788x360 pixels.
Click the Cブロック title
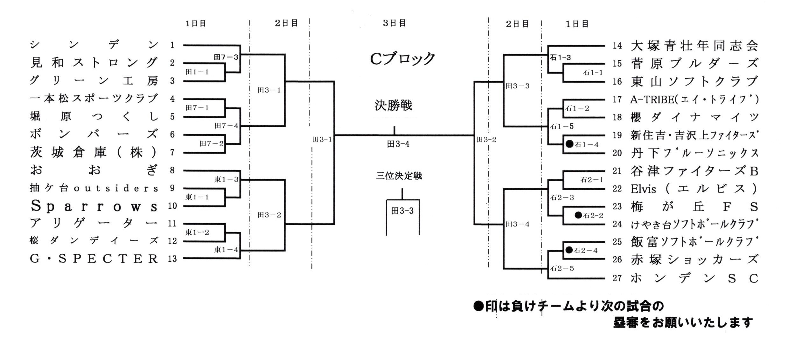click(x=402, y=59)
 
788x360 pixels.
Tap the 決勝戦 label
click(x=394, y=105)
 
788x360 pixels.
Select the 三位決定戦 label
click(x=399, y=176)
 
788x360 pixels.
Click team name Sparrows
click(x=94, y=206)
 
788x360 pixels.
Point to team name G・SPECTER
click(x=94, y=259)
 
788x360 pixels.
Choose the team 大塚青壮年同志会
click(x=694, y=46)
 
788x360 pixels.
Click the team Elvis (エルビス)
click(x=694, y=189)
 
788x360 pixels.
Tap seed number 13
click(x=172, y=259)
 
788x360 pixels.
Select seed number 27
click(x=617, y=278)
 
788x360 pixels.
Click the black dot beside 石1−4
click(x=569, y=144)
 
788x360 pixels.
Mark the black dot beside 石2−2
click(x=578, y=215)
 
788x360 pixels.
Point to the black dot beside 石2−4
click(x=569, y=250)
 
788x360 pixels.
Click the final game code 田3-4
click(x=398, y=144)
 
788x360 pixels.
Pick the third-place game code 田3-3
click(x=402, y=211)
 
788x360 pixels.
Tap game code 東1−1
click(x=197, y=197)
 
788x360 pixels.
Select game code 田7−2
click(x=212, y=144)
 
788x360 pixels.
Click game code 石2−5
click(x=562, y=268)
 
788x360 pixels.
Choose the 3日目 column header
click(x=394, y=23)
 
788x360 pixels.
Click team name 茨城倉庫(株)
click(x=94, y=152)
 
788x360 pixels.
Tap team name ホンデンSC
click(x=694, y=279)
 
